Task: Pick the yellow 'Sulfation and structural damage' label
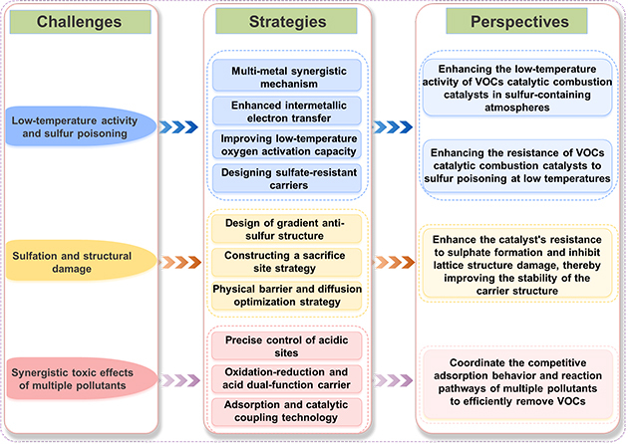pos(73,263)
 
